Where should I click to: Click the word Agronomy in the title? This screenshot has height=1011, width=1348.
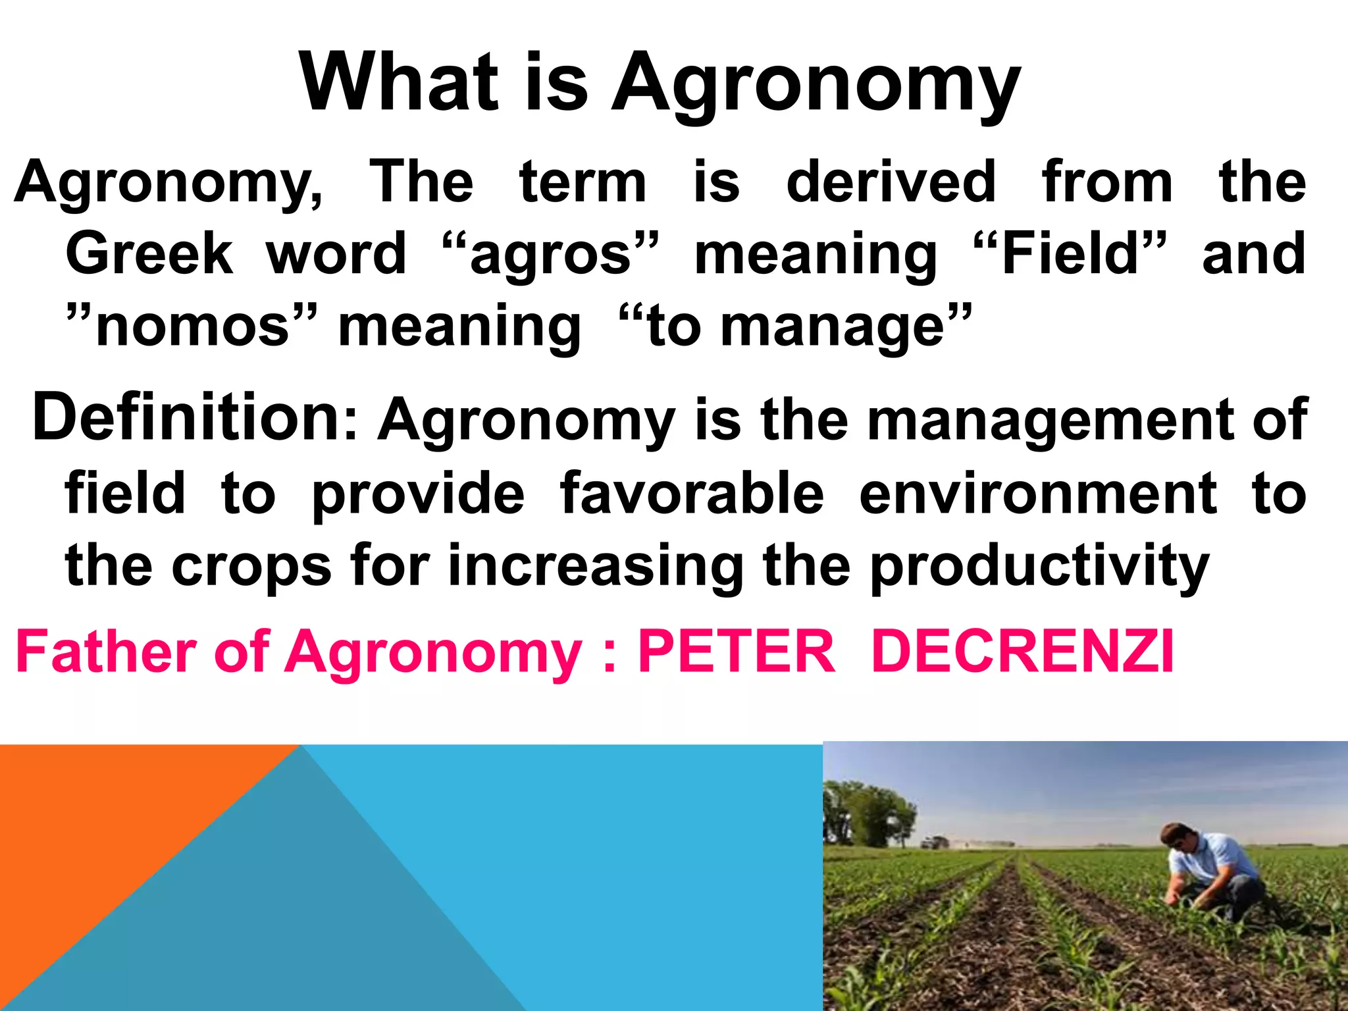816,84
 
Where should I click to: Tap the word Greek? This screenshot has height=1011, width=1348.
149,254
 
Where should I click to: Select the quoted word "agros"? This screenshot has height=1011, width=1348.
550,254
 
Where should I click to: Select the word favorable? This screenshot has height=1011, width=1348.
692,494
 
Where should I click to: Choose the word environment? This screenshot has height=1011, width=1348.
1038,494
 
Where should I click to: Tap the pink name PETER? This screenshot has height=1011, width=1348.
737,652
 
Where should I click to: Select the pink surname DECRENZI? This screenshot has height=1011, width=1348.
1023,652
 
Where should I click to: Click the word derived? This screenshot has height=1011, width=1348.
891,182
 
